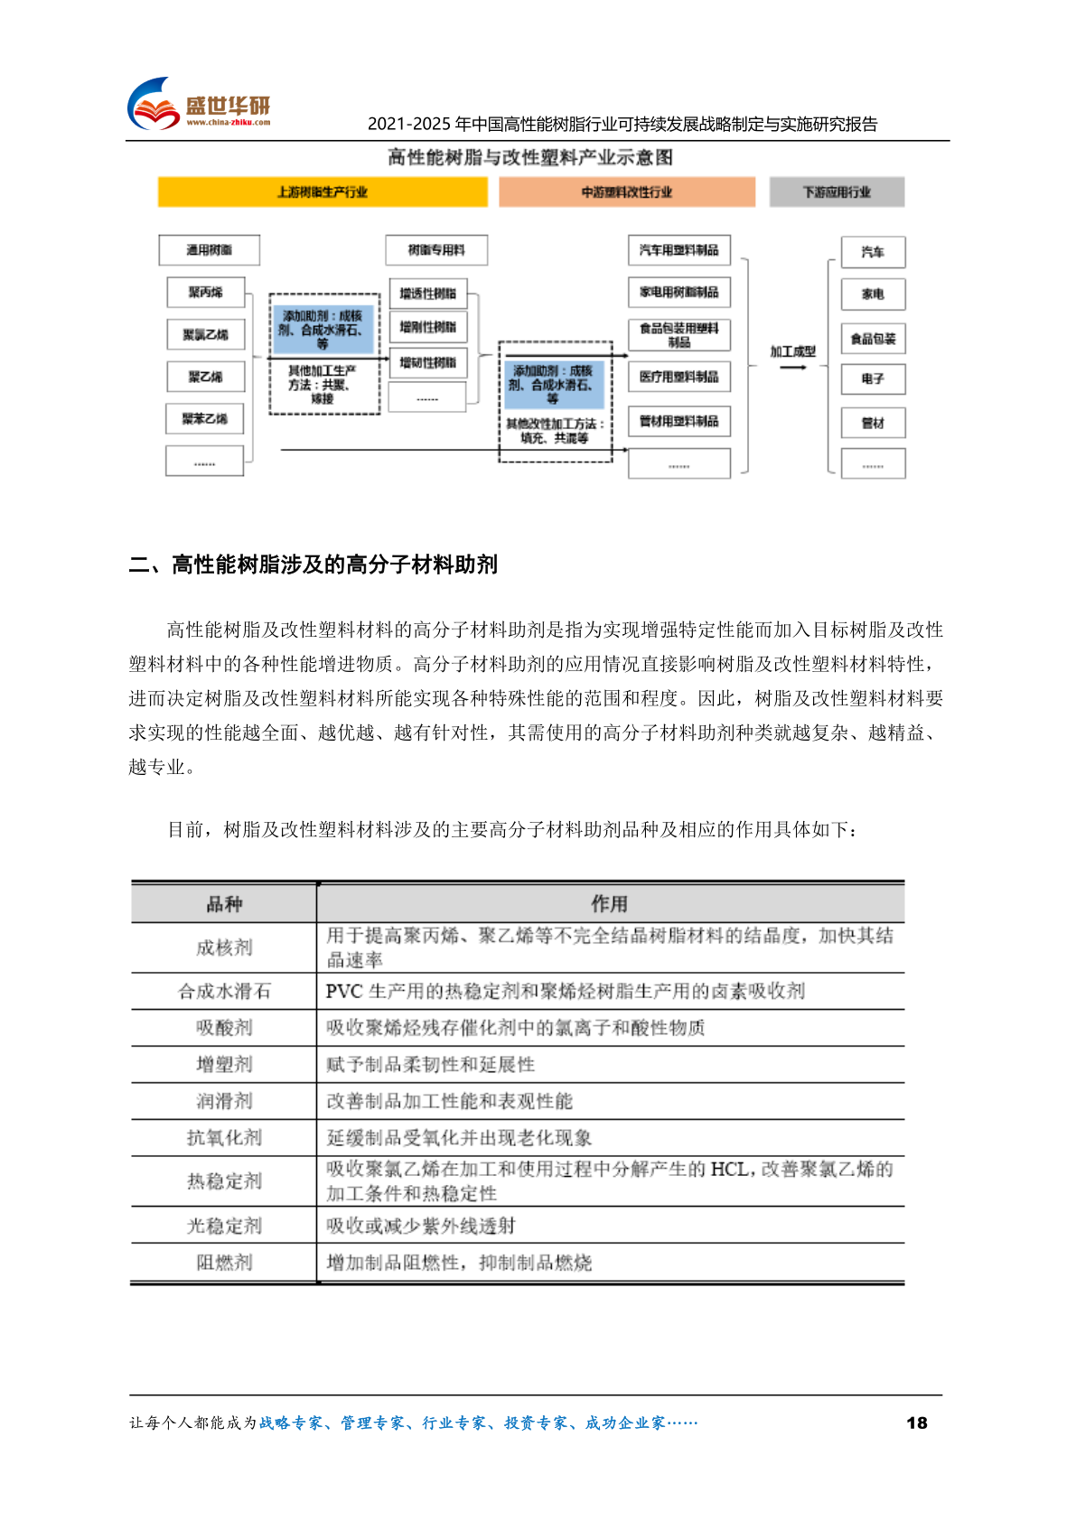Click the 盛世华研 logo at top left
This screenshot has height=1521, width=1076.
click(199, 104)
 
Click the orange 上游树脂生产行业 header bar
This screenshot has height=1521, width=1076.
click(323, 191)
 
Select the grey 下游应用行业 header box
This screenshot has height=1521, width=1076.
click(837, 191)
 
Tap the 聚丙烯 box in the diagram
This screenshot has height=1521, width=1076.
click(206, 293)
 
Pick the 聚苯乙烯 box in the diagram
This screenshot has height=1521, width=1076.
click(205, 419)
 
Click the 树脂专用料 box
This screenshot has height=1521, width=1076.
click(436, 250)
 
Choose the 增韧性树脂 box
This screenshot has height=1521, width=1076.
click(428, 363)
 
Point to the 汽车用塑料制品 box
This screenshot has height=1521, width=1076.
click(679, 250)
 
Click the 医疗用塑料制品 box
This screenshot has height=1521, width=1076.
click(679, 377)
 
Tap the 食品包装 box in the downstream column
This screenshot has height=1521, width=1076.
click(873, 339)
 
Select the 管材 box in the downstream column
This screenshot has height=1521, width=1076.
click(873, 423)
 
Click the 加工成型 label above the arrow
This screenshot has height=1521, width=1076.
click(792, 351)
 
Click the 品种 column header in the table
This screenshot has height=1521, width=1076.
click(224, 904)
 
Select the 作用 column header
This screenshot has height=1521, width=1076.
click(610, 904)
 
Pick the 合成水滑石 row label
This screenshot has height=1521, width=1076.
click(224, 992)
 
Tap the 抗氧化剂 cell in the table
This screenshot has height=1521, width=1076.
click(224, 1138)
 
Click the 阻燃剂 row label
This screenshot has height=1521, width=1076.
click(224, 1263)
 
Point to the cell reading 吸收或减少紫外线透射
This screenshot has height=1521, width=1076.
click(421, 1226)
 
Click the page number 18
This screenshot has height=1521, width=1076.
click(916, 1423)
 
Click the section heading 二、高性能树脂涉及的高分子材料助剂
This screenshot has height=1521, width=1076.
click(313, 565)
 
